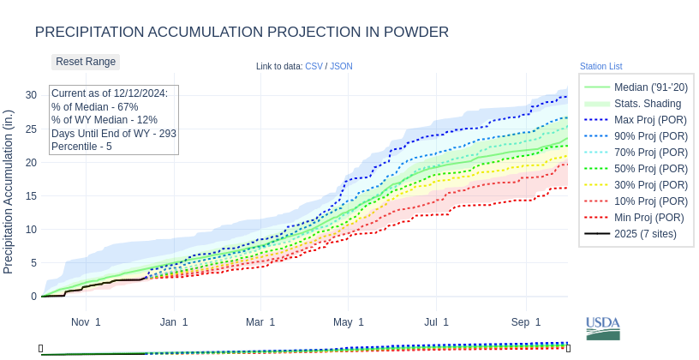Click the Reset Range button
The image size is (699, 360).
(86, 62)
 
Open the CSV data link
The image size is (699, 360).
(314, 66)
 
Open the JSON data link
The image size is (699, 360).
(341, 66)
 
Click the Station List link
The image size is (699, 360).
(600, 66)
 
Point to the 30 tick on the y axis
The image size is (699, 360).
(31, 95)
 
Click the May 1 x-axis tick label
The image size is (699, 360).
(349, 322)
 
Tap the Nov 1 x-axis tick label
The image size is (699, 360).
(86, 322)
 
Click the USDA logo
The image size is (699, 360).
(602, 327)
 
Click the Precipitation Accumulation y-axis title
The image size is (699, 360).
(9, 192)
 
